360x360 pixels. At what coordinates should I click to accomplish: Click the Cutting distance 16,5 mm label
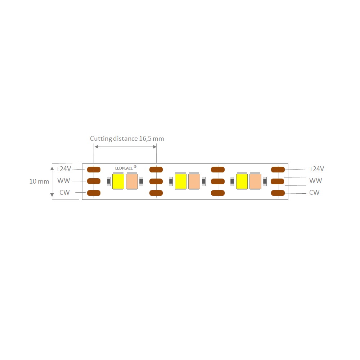coord(127,139)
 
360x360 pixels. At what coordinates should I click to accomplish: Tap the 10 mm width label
coord(39,181)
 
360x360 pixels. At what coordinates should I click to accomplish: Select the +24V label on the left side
coord(64,169)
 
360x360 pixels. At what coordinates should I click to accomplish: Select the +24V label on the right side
coord(316,169)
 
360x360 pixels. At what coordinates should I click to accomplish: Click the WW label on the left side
coord(64,181)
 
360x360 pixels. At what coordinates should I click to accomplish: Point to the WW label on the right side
coord(316,181)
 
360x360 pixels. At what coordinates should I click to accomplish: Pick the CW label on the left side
coord(64,192)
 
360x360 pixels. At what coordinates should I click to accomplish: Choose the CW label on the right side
coord(314,192)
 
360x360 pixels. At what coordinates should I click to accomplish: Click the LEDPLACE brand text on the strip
coord(124,168)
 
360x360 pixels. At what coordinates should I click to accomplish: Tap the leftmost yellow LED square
coord(118,181)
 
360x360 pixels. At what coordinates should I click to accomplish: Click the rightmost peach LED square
coord(255,181)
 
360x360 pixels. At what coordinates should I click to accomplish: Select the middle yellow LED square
coord(181,181)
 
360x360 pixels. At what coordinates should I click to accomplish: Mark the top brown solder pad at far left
coord(94,170)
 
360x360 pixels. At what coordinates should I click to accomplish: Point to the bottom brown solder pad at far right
coord(278,193)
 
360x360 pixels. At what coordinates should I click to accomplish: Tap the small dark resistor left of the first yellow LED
coord(109,181)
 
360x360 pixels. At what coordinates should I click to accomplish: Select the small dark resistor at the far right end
coord(265,181)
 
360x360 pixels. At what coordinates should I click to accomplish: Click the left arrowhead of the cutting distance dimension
coord(96,147)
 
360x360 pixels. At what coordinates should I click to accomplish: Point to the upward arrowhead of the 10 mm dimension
coord(52,168)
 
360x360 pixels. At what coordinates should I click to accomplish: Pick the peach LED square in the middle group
coord(194,181)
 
